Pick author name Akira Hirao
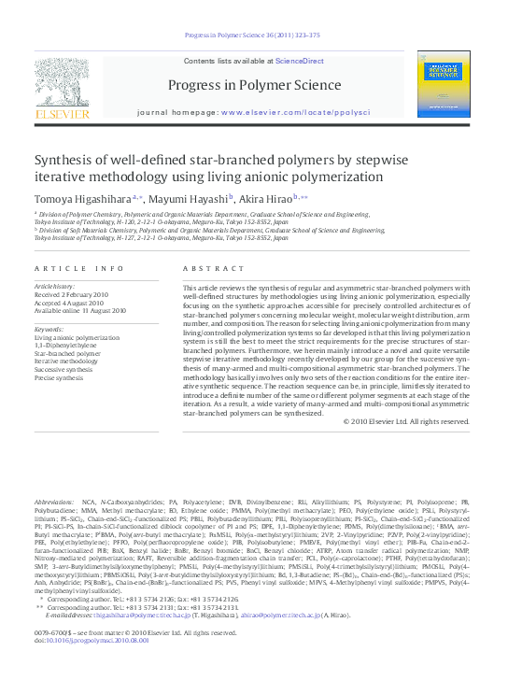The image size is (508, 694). (x=264, y=198)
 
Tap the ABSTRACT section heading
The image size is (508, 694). (x=205, y=268)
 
